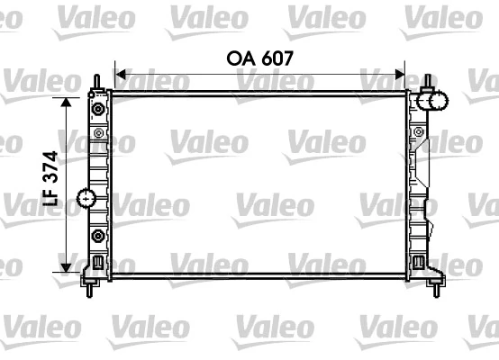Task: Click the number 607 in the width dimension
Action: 275,57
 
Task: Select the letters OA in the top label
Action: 240,57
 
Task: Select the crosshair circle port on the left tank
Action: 86,197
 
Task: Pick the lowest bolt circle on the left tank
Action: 97,237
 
